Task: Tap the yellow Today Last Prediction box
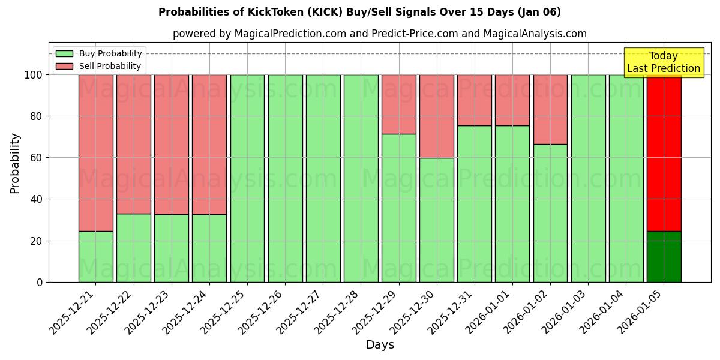click(x=663, y=62)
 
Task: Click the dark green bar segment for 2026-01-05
click(x=664, y=256)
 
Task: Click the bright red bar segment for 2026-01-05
click(x=664, y=152)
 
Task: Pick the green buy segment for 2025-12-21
click(x=95, y=256)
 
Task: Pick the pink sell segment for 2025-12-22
click(x=133, y=144)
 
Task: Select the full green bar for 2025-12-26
click(x=285, y=178)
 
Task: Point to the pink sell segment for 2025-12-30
click(x=436, y=116)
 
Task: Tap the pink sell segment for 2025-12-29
click(x=398, y=104)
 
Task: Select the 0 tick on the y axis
click(x=40, y=282)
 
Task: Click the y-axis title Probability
click(x=15, y=163)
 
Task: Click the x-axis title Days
click(x=380, y=345)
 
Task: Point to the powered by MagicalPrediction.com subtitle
click(x=379, y=34)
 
